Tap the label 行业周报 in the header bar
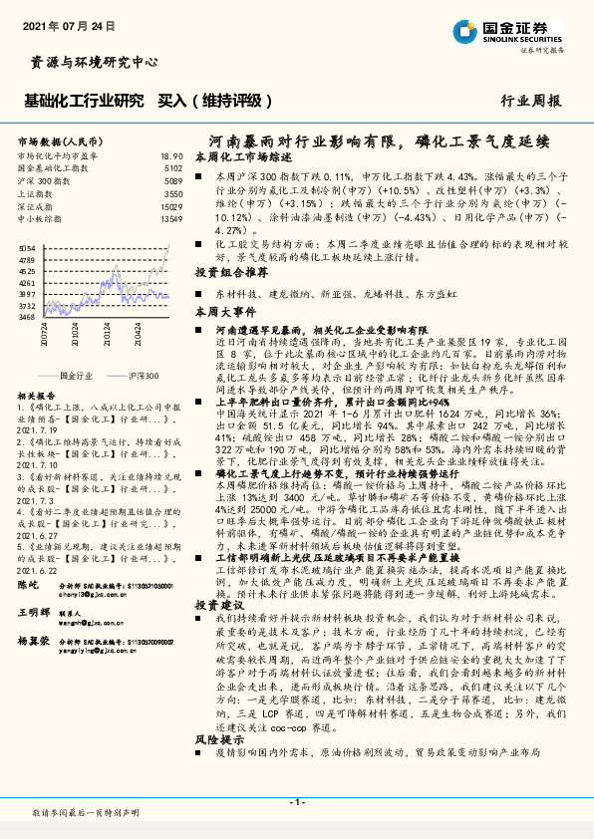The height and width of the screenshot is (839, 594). tap(530, 101)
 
